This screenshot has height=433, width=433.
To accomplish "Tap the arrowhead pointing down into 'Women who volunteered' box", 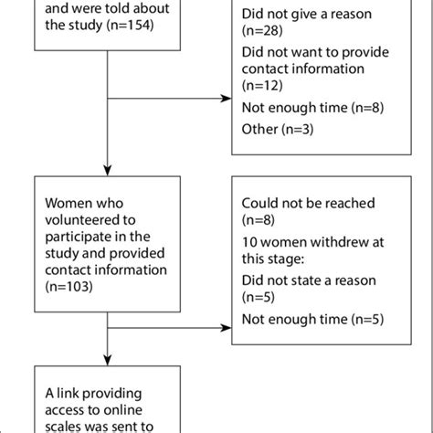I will tap(108, 170).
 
